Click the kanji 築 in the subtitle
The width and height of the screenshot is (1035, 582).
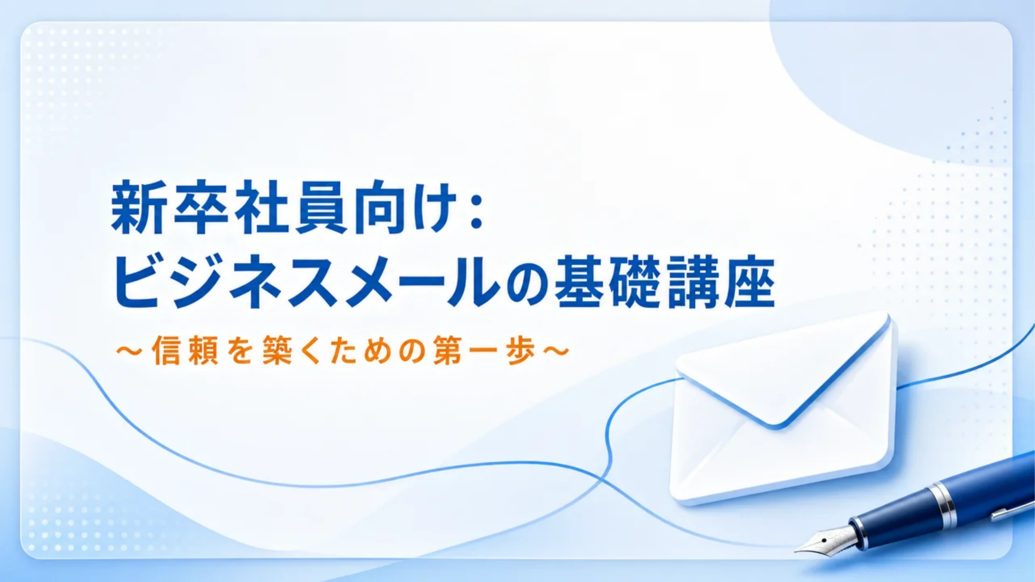tap(277, 350)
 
